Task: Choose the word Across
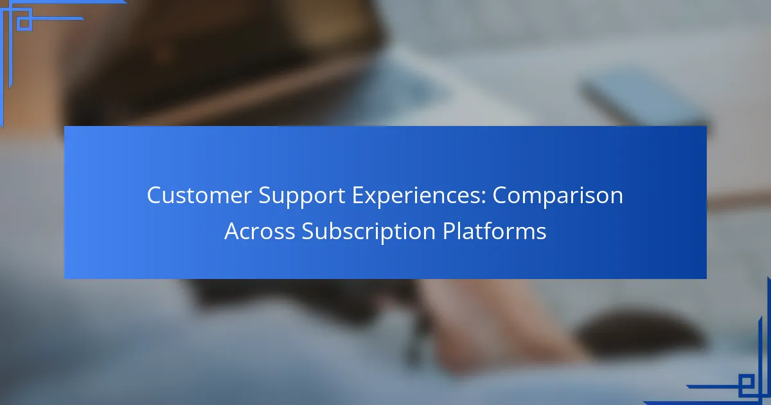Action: pos(260,231)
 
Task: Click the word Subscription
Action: pos(369,231)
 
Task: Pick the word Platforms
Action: pos(495,230)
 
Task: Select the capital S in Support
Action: pos(265,195)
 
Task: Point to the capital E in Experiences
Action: pos(358,195)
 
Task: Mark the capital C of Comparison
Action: pos(500,195)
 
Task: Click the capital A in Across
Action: pos(233,231)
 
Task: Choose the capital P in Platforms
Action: pos(449,231)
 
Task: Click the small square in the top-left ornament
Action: pos(24,23)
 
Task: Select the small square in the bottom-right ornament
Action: pos(746,382)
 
